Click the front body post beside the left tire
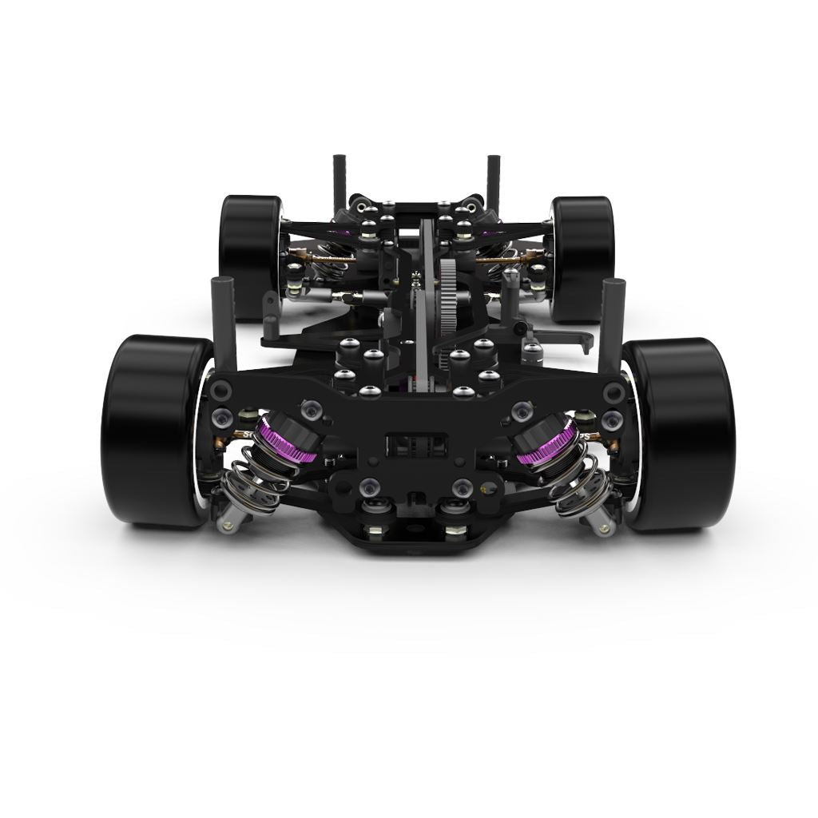tap(224, 320)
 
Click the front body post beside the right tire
tap(610, 324)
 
